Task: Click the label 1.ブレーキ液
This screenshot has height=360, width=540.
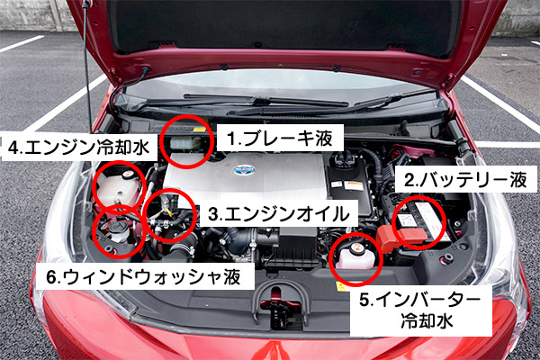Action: click(x=280, y=138)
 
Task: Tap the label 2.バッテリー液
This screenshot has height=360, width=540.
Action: click(x=465, y=180)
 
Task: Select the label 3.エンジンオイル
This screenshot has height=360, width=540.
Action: click(x=279, y=214)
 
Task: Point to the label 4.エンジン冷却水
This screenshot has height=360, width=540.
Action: click(x=79, y=147)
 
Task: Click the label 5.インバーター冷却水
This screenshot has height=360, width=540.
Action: click(x=420, y=310)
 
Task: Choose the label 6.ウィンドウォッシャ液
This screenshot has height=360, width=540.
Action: click(x=144, y=276)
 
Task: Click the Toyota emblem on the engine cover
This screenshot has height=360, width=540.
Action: click(x=244, y=170)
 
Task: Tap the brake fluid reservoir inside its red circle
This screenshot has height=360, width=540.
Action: click(x=185, y=143)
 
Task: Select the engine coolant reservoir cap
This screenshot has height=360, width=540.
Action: click(x=128, y=175)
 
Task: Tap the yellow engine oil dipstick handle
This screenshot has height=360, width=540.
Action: click(x=167, y=210)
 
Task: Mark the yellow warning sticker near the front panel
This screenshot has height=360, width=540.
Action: click(x=340, y=286)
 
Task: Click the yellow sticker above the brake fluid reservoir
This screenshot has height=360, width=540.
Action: click(x=199, y=130)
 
